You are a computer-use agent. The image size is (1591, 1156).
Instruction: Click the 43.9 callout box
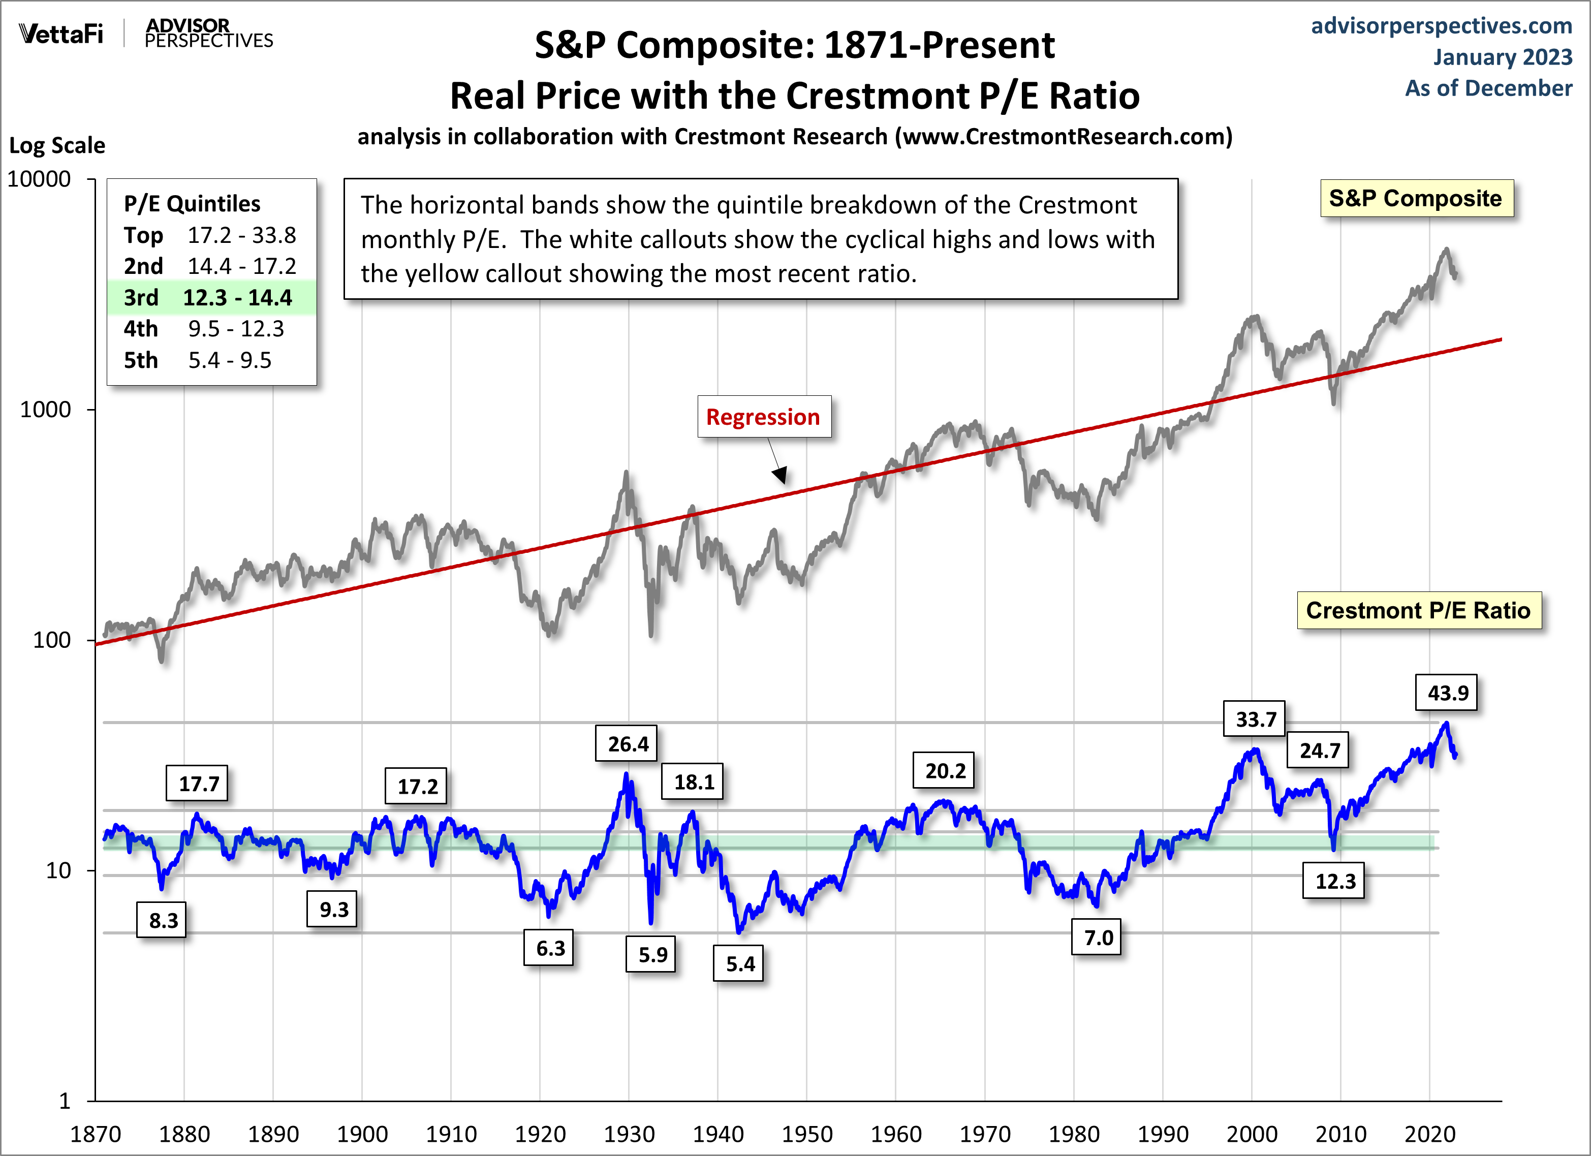coord(1447,693)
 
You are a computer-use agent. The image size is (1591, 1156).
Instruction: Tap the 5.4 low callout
coord(739,964)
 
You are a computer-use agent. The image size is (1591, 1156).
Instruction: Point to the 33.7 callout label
coord(1255,719)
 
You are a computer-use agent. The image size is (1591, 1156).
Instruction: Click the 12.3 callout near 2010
coord(1335,881)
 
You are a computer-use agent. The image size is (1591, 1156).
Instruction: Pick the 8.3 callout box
coord(163,920)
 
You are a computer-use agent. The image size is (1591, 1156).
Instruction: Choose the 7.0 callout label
coord(1098,938)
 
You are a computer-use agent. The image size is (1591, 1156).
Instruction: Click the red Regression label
coord(763,417)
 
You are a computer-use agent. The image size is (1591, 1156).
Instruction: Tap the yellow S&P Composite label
coord(1416,199)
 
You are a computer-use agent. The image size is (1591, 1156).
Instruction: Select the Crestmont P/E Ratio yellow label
coord(1418,610)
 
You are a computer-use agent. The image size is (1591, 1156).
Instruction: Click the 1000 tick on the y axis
coord(46,410)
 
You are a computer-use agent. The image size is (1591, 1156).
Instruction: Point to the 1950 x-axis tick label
coord(807,1134)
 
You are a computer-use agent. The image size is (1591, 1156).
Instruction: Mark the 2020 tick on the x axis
coord(1429,1134)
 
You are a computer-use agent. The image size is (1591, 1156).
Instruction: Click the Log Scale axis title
coord(57,145)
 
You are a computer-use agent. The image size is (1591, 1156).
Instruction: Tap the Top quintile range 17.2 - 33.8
coord(241,235)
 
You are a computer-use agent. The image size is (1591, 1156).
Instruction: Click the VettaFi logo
coord(61,34)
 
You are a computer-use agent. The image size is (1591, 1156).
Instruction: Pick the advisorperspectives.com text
coord(1441,25)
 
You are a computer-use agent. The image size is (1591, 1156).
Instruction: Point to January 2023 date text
coord(1502,57)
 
